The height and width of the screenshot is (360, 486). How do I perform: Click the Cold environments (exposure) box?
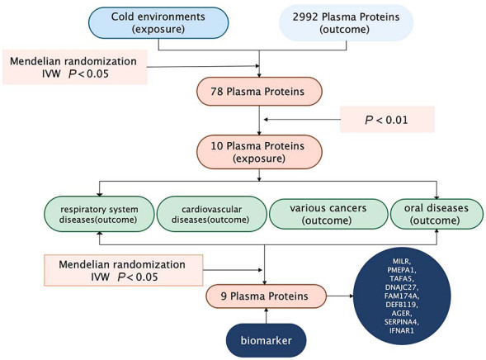[x=158, y=22]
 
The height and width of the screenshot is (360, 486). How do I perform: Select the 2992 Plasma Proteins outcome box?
[x=347, y=22]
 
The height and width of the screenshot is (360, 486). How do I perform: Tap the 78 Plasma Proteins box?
[x=259, y=92]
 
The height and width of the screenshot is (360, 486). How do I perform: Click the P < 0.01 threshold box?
[x=387, y=120]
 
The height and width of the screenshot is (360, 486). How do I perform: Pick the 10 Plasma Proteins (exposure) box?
[x=259, y=152]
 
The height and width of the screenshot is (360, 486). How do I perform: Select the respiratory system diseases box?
[x=100, y=214]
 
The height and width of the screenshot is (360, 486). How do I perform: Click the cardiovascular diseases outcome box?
[x=212, y=214]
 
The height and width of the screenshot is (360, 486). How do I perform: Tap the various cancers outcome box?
[x=328, y=214]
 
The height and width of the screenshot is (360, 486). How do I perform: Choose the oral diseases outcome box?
[x=436, y=214]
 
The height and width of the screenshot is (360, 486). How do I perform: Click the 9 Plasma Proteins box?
[x=267, y=296]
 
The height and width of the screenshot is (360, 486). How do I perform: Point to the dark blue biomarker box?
[x=267, y=340]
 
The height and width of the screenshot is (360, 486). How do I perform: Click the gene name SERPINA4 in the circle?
[x=402, y=322]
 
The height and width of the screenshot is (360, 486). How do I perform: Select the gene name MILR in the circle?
[x=402, y=261]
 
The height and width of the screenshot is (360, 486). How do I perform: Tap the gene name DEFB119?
[x=402, y=305]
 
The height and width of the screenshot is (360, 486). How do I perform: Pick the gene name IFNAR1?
[x=402, y=330]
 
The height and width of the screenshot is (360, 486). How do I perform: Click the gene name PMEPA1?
[x=402, y=270]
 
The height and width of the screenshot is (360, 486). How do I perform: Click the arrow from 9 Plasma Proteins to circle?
[x=340, y=296]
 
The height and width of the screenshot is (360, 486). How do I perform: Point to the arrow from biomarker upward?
[x=267, y=315]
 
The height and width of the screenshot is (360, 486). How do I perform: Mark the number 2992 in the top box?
[x=305, y=17]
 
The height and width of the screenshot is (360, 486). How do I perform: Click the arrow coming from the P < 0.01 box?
[x=301, y=120]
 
